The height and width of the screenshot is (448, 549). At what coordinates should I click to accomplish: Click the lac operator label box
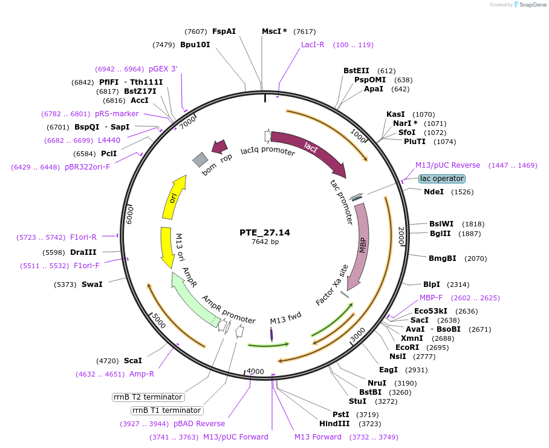click(442, 179)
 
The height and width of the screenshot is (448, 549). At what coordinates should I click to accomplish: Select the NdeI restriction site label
click(434, 192)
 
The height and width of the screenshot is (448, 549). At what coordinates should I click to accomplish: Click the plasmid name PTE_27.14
click(265, 232)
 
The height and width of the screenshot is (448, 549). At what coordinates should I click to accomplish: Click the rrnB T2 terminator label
click(148, 397)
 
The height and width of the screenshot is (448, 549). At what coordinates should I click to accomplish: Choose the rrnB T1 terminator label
click(166, 410)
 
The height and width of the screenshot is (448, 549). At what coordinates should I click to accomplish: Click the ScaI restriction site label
click(133, 360)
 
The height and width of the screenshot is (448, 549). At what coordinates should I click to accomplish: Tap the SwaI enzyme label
click(92, 284)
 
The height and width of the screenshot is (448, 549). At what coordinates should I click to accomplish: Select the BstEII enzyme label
click(356, 71)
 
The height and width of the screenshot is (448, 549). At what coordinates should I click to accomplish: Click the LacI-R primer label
click(313, 45)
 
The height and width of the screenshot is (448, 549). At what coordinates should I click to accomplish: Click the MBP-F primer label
click(431, 298)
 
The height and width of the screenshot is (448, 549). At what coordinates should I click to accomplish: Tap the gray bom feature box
click(200, 159)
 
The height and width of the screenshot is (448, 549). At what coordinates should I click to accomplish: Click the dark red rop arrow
click(219, 147)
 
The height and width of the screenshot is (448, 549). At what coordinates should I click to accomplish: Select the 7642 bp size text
click(265, 242)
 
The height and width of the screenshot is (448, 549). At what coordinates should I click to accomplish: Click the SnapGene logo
click(528, 5)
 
